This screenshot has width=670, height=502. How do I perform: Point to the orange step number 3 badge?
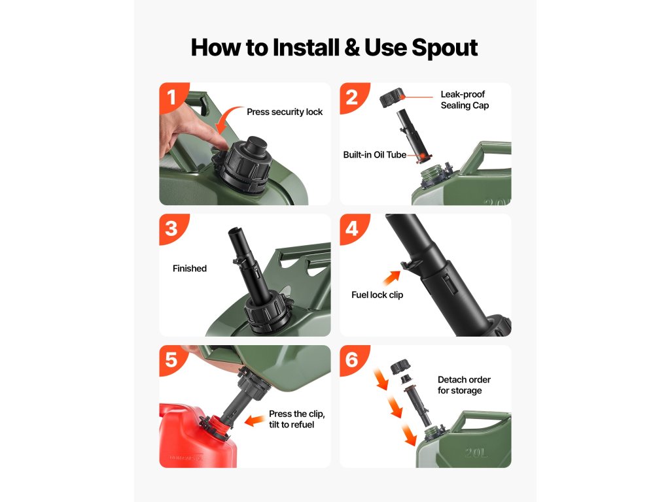(171, 228)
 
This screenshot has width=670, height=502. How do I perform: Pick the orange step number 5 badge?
(171, 360)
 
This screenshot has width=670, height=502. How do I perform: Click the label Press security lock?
(285, 112)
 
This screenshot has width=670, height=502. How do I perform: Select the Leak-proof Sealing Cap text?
(465, 100)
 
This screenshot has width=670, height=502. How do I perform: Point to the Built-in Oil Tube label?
(374, 154)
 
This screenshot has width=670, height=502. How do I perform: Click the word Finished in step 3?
(190, 269)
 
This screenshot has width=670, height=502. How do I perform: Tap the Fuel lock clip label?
(377, 295)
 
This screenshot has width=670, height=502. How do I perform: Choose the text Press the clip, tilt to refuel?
(296, 419)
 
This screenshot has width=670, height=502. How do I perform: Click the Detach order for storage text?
(464, 385)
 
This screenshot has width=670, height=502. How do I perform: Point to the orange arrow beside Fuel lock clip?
(391, 278)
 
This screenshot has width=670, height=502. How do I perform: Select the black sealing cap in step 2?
(392, 98)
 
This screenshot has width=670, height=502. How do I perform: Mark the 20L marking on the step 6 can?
(476, 452)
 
